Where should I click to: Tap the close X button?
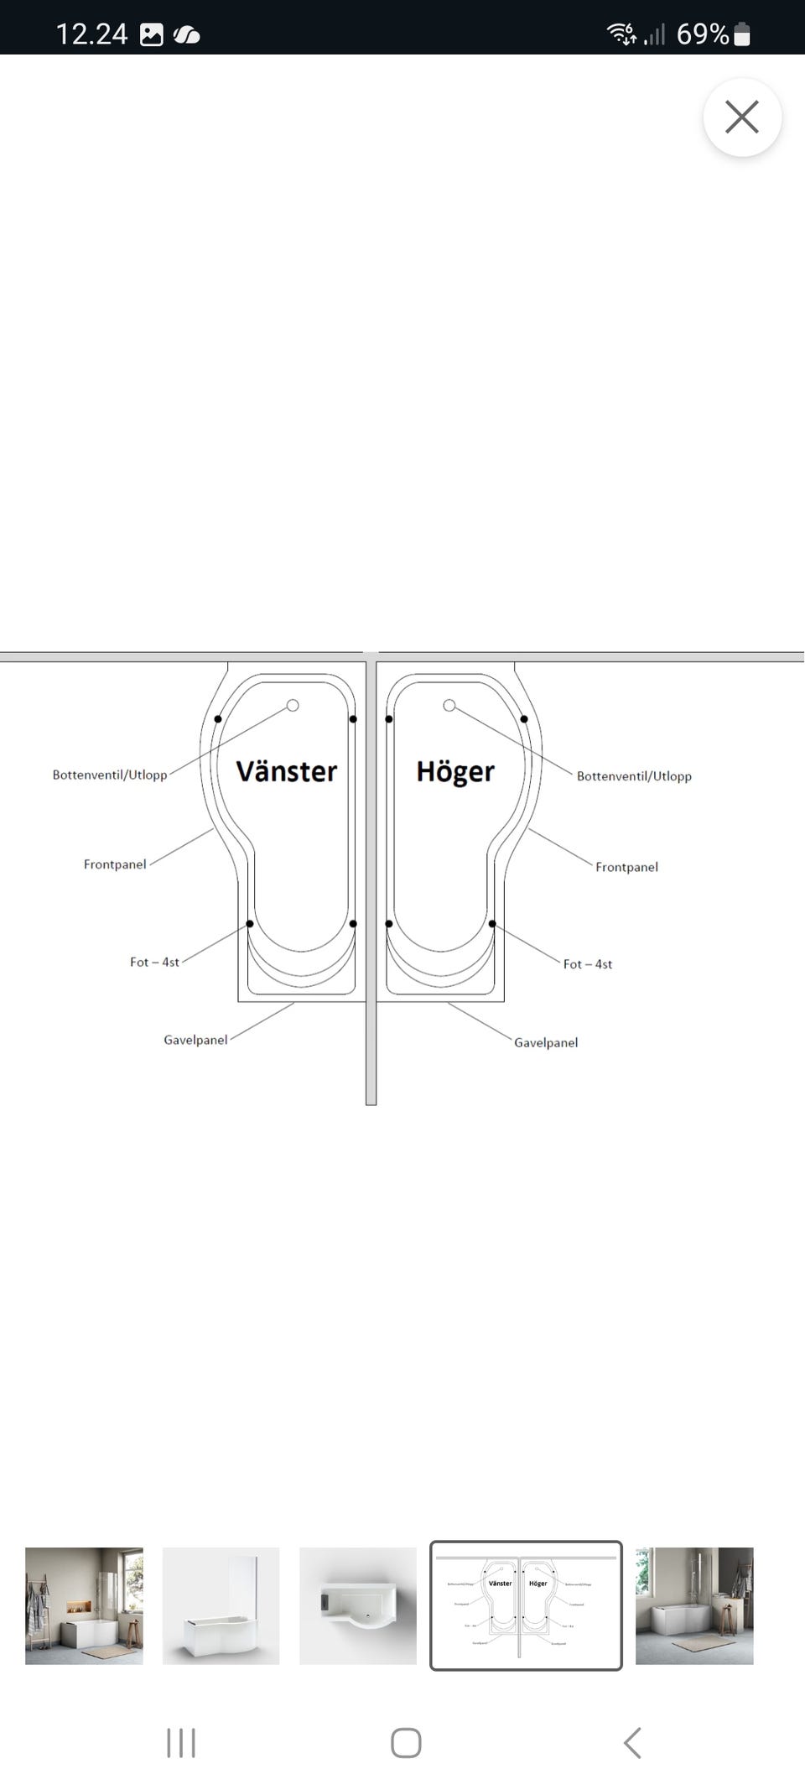(742, 117)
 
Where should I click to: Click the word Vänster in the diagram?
(286, 771)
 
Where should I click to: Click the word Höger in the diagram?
(455, 771)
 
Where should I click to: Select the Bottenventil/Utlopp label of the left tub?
(110, 775)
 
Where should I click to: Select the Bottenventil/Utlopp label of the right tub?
(634, 776)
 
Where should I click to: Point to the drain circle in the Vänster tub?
(293, 705)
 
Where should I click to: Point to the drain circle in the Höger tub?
(449, 705)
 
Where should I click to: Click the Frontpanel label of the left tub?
(115, 864)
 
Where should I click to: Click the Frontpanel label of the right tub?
(626, 867)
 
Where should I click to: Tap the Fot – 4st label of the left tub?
(154, 962)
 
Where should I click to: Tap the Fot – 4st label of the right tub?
(588, 964)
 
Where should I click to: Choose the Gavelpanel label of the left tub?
(195, 1040)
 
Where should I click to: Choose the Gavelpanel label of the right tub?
(546, 1042)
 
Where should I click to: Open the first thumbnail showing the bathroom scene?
(84, 1605)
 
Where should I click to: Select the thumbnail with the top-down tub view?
(358, 1605)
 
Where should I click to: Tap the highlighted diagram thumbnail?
(526, 1605)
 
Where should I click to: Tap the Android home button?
(406, 1743)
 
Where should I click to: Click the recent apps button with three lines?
(181, 1743)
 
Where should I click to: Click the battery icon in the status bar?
(742, 34)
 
